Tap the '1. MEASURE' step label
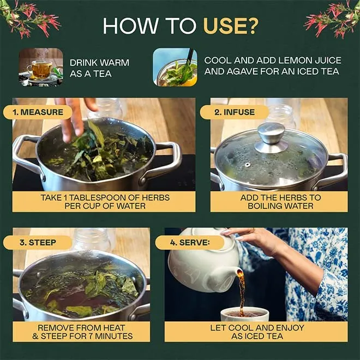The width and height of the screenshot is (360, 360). click(x=38, y=112)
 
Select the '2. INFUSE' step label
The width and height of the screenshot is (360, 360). click(x=235, y=112)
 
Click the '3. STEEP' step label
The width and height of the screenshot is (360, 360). click(x=38, y=242)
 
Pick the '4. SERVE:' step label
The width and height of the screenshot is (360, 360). click(x=190, y=242)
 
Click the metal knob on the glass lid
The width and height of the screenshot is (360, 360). click(x=271, y=137)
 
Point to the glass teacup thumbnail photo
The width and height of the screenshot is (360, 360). click(x=41, y=67)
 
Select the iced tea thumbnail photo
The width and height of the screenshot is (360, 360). click(x=175, y=67)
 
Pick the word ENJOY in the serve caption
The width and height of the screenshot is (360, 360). click(x=290, y=328)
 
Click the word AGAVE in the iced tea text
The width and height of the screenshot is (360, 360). click(x=242, y=71)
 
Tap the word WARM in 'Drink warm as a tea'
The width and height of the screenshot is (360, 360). click(x=115, y=63)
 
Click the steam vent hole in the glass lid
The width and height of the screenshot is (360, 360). click(x=247, y=165)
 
